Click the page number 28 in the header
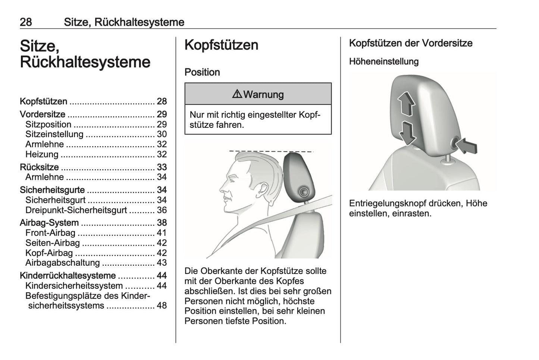(26, 22)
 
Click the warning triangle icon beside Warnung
(237, 94)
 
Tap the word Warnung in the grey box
(263, 94)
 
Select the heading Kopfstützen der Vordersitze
(411, 43)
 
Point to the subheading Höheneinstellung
(384, 61)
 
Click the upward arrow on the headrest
(406, 104)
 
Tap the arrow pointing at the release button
(467, 145)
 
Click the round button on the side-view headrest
(303, 192)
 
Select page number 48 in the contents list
(162, 306)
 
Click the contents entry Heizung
(42, 154)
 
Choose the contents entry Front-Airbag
(50, 233)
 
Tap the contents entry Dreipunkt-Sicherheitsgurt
(76, 210)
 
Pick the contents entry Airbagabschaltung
(63, 263)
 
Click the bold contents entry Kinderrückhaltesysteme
(68, 276)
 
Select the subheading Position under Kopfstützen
(202, 72)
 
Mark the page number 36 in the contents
(162, 210)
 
